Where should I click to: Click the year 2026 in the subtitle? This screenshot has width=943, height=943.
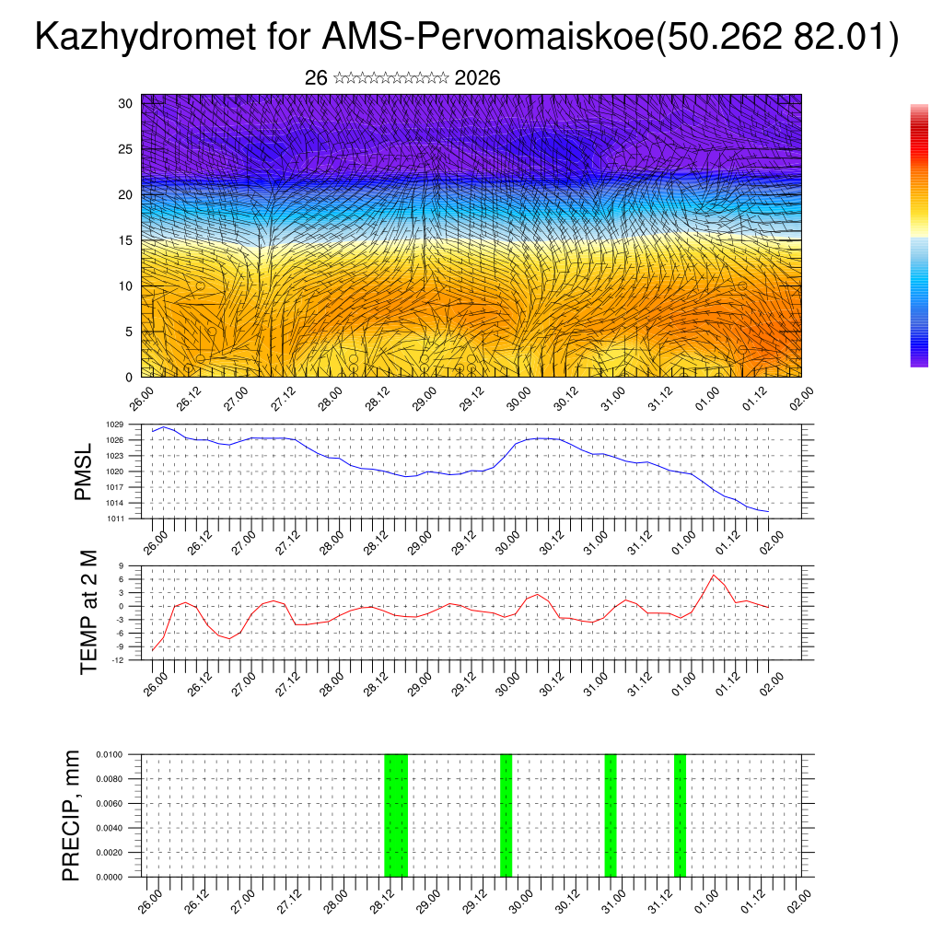pyautogui.click(x=477, y=78)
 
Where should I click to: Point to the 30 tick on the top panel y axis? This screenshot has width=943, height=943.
pyautogui.click(x=126, y=103)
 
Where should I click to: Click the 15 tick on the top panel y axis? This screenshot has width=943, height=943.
pyautogui.click(x=126, y=240)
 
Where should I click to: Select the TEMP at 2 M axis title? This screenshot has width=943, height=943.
pyautogui.click(x=88, y=611)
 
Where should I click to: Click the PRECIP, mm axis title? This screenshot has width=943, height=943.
pyautogui.click(x=71, y=815)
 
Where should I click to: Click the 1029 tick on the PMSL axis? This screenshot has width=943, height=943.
pyautogui.click(x=114, y=425)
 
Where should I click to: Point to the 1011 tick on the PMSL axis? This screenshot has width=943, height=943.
pyautogui.click(x=114, y=518)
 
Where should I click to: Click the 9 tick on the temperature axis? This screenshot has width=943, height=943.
pyautogui.click(x=121, y=565)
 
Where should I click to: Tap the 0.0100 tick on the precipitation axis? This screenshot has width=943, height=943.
pyautogui.click(x=109, y=754)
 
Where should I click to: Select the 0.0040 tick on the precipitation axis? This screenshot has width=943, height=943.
pyautogui.click(x=109, y=828)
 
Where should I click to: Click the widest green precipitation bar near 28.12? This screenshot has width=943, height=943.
pyautogui.click(x=395, y=815)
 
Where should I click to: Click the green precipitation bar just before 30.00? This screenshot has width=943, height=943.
pyautogui.click(x=506, y=815)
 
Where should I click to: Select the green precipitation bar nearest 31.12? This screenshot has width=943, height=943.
pyautogui.click(x=680, y=815)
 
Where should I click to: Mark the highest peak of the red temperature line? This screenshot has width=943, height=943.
pyautogui.click(x=714, y=575)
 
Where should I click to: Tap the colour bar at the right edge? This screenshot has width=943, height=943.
pyautogui.click(x=919, y=236)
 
